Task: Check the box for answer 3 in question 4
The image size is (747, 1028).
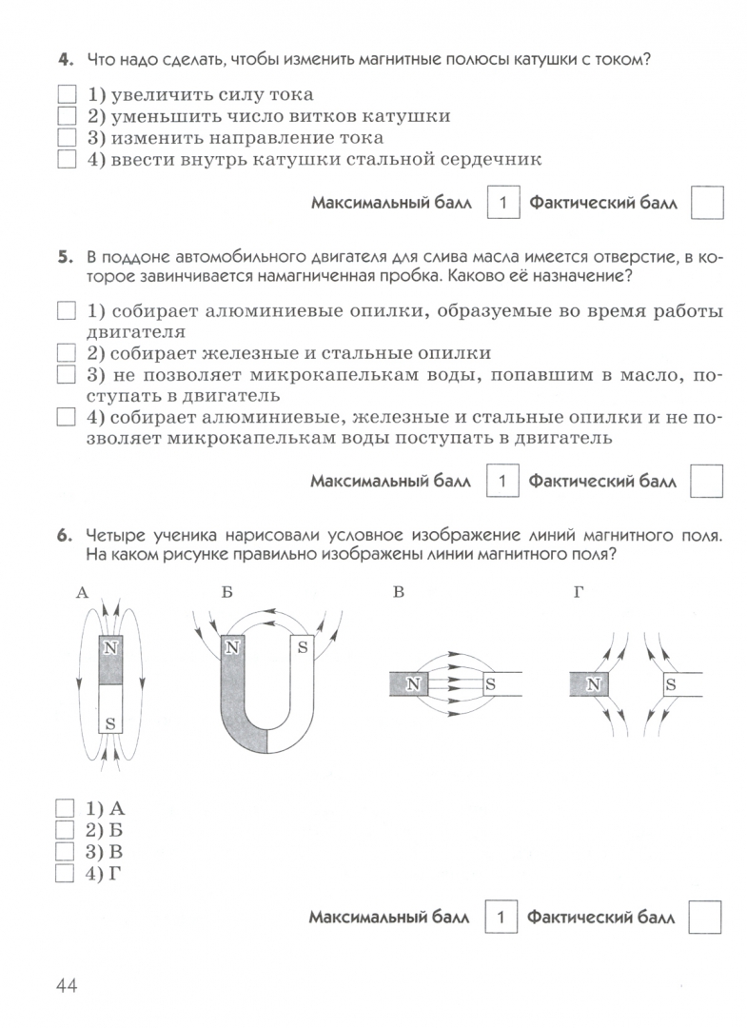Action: click(x=67, y=138)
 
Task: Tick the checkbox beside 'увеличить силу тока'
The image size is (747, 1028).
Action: click(x=67, y=95)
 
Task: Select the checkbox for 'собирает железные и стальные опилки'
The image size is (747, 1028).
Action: click(x=67, y=352)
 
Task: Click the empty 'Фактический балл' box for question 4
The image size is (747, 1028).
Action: click(x=706, y=203)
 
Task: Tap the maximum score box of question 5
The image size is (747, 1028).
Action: click(x=502, y=482)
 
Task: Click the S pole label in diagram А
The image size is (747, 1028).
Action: click(x=111, y=723)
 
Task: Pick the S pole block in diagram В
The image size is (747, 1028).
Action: click(x=489, y=682)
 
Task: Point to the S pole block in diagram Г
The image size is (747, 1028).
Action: click(x=670, y=683)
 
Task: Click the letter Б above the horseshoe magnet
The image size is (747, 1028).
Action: click(x=226, y=593)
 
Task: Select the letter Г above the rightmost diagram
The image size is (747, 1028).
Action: click(x=578, y=593)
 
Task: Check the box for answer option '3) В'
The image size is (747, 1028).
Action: click(x=67, y=850)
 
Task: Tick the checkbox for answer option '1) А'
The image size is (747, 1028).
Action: click(x=67, y=808)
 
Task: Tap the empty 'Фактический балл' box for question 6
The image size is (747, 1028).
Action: click(x=704, y=919)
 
